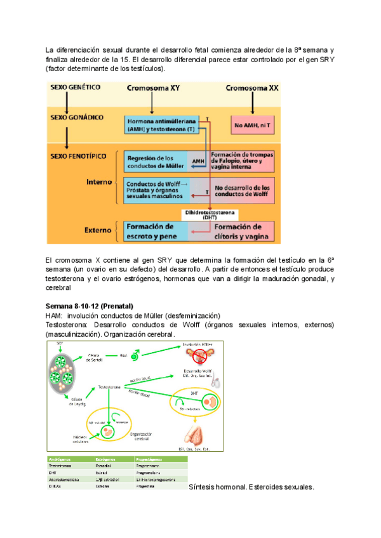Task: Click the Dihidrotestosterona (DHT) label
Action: [x=210, y=214]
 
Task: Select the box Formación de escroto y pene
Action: [x=154, y=231]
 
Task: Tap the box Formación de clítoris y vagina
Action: [x=243, y=231]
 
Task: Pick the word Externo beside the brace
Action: [x=98, y=230]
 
